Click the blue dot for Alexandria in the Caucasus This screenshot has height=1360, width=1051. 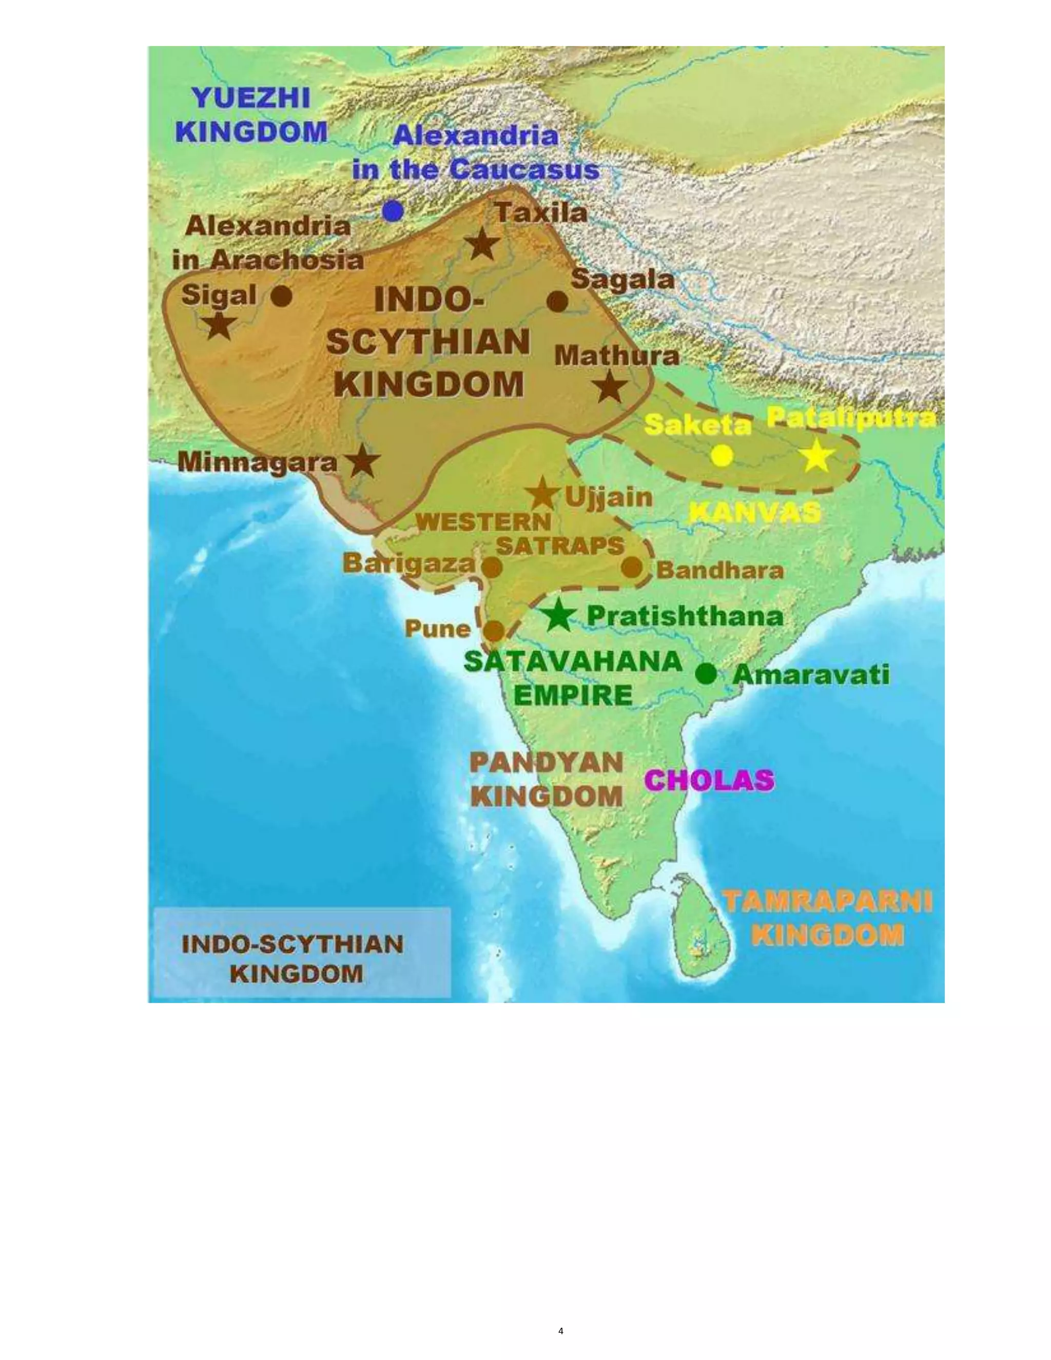pyautogui.click(x=392, y=211)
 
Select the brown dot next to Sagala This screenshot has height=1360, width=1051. pyautogui.click(x=557, y=301)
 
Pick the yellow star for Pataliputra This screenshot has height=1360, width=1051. pyautogui.click(x=816, y=456)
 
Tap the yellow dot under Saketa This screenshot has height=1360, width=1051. pyautogui.click(x=722, y=456)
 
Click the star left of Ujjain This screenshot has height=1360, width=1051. pyautogui.click(x=542, y=494)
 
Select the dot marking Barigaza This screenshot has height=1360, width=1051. pyautogui.click(x=492, y=567)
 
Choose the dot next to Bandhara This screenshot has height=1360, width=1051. pyautogui.click(x=631, y=567)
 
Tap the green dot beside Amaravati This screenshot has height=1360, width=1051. pyautogui.click(x=706, y=673)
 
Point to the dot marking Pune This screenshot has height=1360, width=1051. pyautogui.click(x=494, y=631)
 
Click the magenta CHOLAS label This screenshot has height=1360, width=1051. pyautogui.click(x=709, y=780)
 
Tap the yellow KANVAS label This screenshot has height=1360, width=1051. pyautogui.click(x=754, y=513)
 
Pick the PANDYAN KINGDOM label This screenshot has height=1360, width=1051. pyautogui.click(x=546, y=780)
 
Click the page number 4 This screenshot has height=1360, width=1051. pyautogui.click(x=561, y=1331)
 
